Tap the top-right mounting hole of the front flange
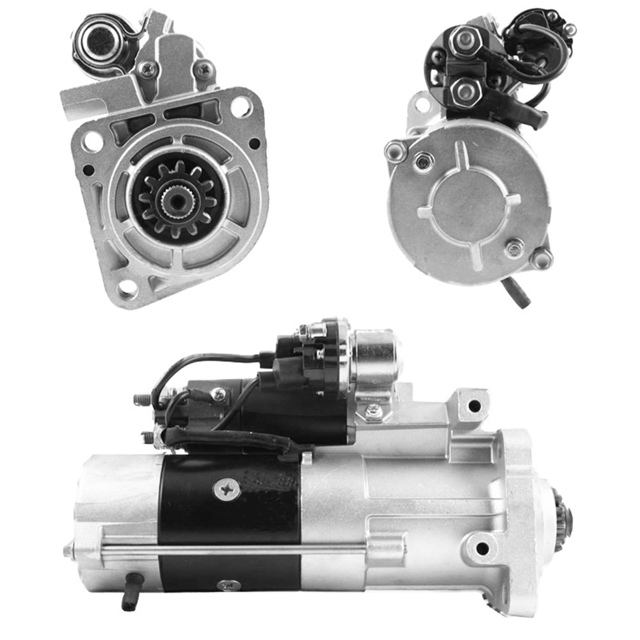pyautogui.click(x=241, y=106)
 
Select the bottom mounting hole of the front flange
pyautogui.click(x=127, y=289)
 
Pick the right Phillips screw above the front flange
pyautogui.click(x=204, y=68)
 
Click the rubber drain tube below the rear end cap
pyautogui.click(x=516, y=292)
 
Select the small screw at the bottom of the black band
pyautogui.click(x=228, y=585)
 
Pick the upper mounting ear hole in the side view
pyautogui.click(x=474, y=405)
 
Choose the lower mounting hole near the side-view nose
pyautogui.click(x=482, y=548)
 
